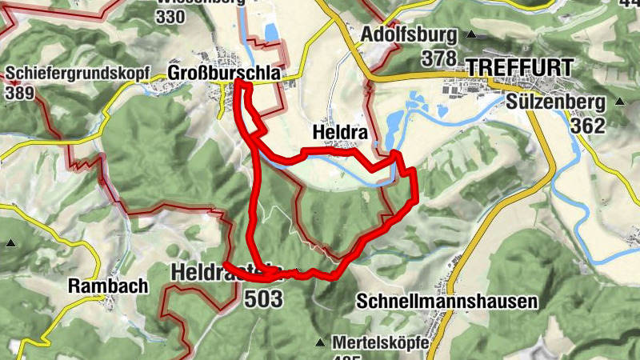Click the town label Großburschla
[x=224, y=73]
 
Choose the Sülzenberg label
[x=554, y=102]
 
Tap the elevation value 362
[x=588, y=126]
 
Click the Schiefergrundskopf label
[x=78, y=73]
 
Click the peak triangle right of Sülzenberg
[x=619, y=102]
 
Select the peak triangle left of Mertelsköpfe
[x=320, y=342]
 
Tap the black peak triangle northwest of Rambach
[x=11, y=243]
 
